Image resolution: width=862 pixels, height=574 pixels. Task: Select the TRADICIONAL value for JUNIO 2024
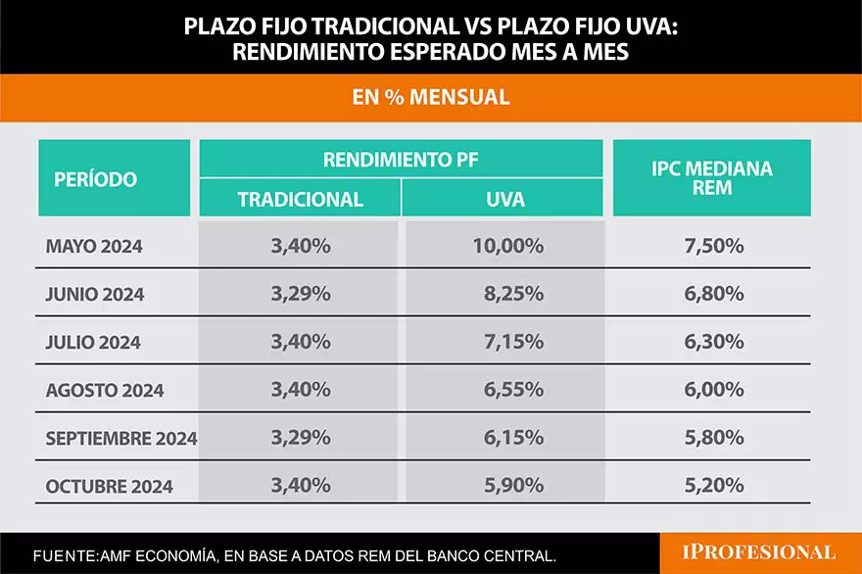[300, 294]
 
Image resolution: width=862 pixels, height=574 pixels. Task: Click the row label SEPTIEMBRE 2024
[120, 438]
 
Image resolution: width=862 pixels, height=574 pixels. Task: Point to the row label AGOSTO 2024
[105, 390]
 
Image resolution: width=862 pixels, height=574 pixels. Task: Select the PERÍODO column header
[95, 179]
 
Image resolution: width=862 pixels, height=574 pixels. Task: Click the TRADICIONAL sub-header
[300, 200]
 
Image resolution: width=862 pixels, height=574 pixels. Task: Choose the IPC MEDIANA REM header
[712, 178]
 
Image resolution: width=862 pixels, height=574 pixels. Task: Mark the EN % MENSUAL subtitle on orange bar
[431, 98]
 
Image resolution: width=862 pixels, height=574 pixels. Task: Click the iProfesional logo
[759, 552]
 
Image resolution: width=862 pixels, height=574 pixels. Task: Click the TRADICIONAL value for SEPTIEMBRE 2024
[300, 438]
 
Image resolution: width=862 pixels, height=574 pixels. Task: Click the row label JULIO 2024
[93, 342]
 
